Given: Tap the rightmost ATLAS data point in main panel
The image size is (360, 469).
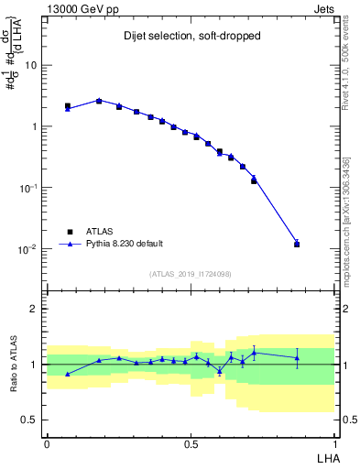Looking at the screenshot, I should pos(297,245).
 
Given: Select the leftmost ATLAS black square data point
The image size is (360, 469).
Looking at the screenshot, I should pos(68,106).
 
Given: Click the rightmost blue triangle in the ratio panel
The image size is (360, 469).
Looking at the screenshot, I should pos(297,357).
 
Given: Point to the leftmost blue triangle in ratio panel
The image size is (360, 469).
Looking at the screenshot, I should pos(68,374).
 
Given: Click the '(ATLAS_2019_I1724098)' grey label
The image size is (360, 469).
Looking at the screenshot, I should pos(190,273).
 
